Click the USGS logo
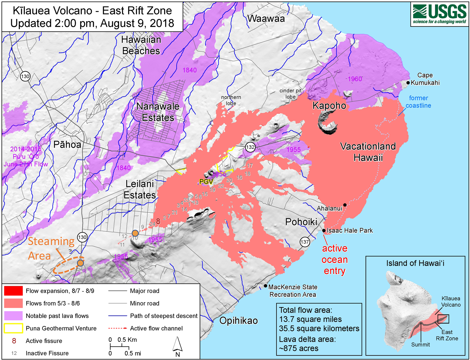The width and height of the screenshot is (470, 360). [x=439, y=14]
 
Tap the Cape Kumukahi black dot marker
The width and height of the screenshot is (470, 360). [x=408, y=83]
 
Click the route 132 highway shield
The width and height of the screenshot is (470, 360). [x=250, y=147]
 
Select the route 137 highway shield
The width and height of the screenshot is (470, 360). [x=305, y=242]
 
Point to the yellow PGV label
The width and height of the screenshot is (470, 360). [x=206, y=182]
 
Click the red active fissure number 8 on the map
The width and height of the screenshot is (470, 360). [x=158, y=221]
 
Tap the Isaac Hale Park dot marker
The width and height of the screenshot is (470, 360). [x=324, y=231]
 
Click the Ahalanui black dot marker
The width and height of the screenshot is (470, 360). [x=345, y=205]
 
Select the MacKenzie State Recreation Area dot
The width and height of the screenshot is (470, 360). [x=266, y=286]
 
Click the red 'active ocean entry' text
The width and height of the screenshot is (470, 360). [x=335, y=259]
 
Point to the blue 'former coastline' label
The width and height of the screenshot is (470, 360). [x=418, y=102]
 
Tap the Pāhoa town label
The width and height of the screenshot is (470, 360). [x=67, y=145]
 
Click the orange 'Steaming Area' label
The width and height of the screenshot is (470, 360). [x=51, y=248]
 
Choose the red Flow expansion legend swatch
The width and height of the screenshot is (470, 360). [x=13, y=291]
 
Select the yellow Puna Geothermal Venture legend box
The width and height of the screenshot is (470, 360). [x=13, y=328]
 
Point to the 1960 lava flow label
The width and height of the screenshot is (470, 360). [x=355, y=79]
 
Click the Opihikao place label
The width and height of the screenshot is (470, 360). [x=238, y=320]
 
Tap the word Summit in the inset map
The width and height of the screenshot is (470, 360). [x=420, y=345]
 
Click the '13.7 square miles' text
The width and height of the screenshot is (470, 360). [x=310, y=319]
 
